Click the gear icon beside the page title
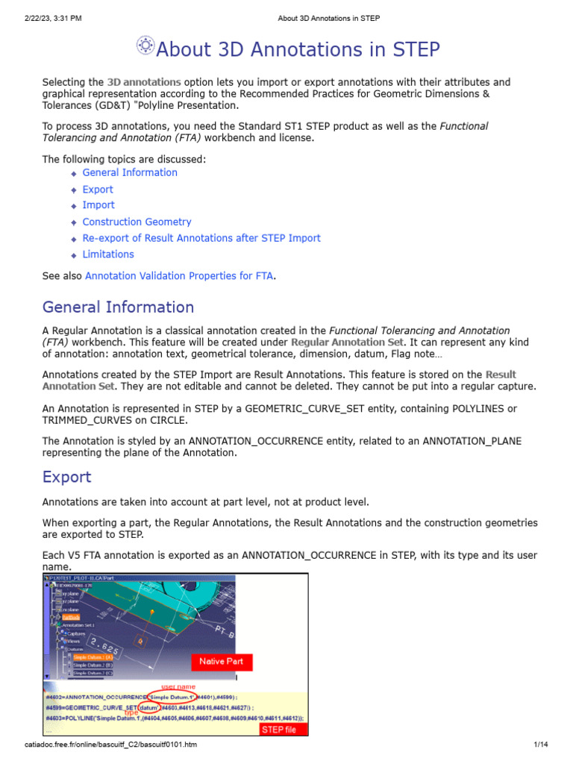pyautogui.click(x=145, y=46)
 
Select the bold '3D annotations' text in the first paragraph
pyautogui.click(x=144, y=81)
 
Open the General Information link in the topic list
pyautogui.click(x=130, y=172)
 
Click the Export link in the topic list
pyautogui.click(x=98, y=190)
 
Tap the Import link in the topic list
pyautogui.click(x=98, y=205)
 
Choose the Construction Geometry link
pyautogui.click(x=137, y=222)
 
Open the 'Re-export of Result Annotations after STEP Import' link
pyautogui.click(x=201, y=238)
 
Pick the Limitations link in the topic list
pyautogui.click(x=108, y=254)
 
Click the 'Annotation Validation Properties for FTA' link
pyautogui.click(x=179, y=276)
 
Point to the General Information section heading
pyautogui.click(x=118, y=307)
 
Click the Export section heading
pyautogui.click(x=66, y=477)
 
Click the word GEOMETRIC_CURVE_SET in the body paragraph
pyautogui.click(x=304, y=409)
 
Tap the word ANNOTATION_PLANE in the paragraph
pyautogui.click(x=472, y=441)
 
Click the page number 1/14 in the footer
pyautogui.click(x=541, y=745)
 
